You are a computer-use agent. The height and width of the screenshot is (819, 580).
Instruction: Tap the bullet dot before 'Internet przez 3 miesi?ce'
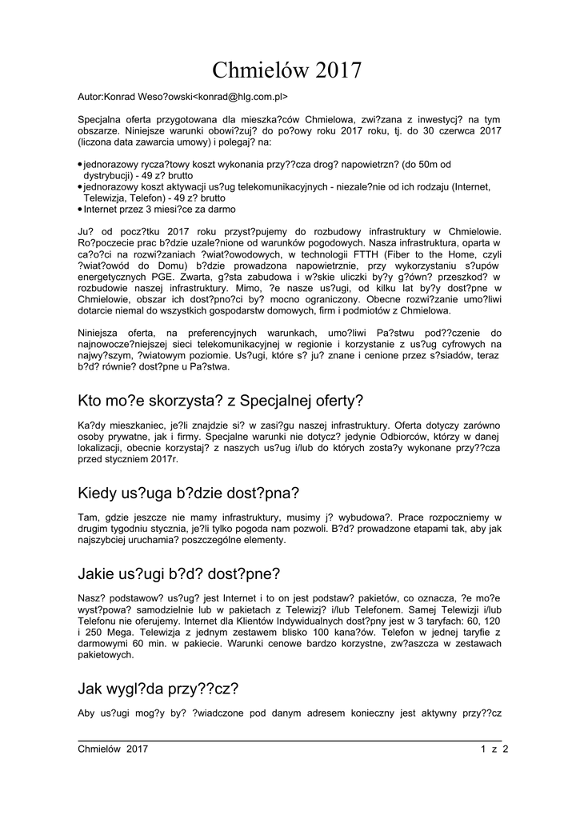[x=80, y=209]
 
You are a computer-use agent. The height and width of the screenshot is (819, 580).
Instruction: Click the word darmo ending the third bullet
[x=220, y=209]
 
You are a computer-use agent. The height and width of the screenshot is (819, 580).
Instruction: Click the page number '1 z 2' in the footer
[x=495, y=749]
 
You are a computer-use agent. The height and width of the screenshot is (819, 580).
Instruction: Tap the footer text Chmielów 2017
[x=113, y=749]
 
